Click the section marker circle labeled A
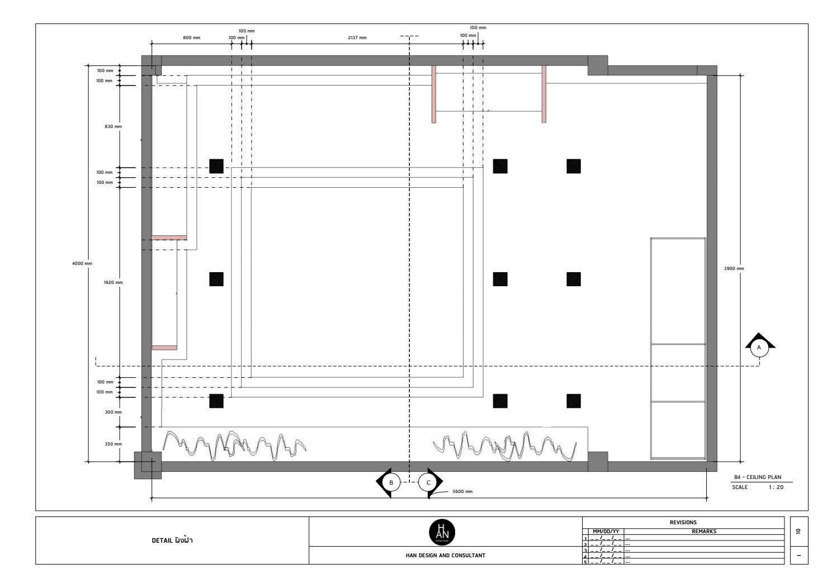[759, 348]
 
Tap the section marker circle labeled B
[391, 482]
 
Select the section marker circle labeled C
[428, 482]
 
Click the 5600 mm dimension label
[462, 492]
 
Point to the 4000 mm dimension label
[82, 263]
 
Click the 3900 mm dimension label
[734, 269]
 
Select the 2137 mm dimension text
[357, 38]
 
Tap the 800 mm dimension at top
[191, 38]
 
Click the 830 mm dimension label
[113, 127]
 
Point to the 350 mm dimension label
[113, 444]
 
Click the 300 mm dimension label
[113, 412]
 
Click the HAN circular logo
[442, 532]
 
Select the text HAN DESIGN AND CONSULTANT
[445, 556]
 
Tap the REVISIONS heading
[683, 523]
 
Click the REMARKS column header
[703, 532]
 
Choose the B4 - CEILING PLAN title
[758, 477]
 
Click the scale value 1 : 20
[776, 487]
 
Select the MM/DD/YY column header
[606, 532]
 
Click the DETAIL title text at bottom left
[172, 540]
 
